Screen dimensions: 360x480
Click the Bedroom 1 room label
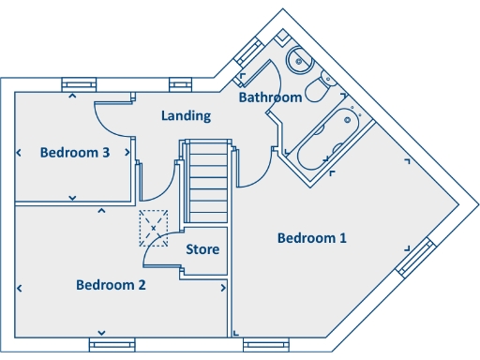(x=312, y=238)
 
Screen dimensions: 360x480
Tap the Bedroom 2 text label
(x=111, y=285)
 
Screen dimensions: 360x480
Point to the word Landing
(x=186, y=116)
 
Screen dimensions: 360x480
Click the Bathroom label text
(x=270, y=97)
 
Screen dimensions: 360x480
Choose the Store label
(x=202, y=249)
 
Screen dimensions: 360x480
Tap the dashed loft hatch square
(x=153, y=225)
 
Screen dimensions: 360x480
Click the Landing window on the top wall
(x=180, y=85)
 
